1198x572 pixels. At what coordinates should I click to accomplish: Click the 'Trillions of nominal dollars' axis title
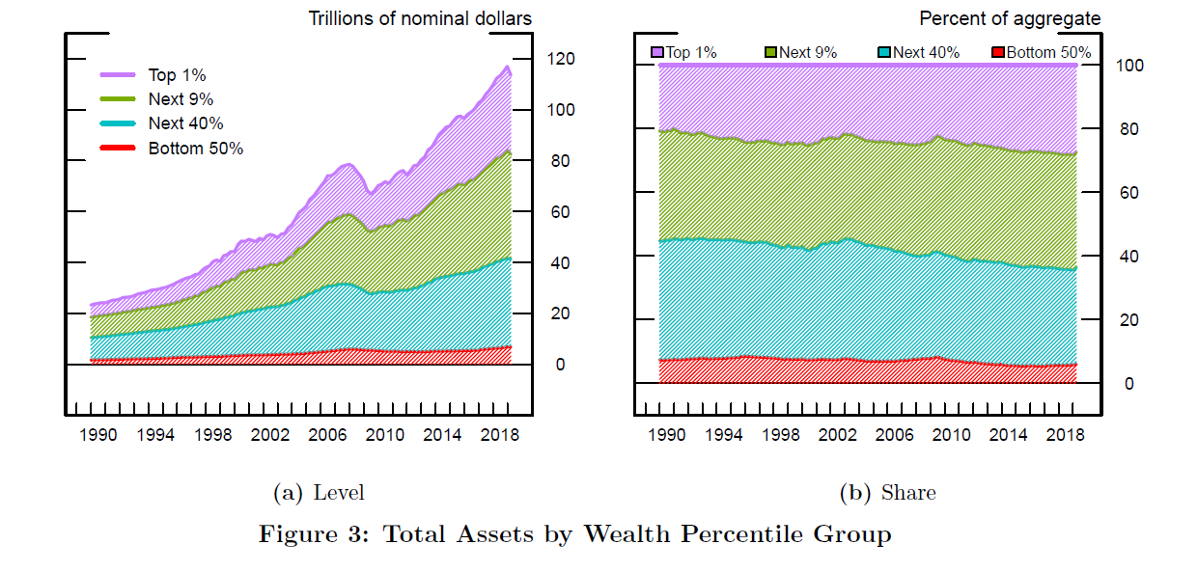pyautogui.click(x=420, y=18)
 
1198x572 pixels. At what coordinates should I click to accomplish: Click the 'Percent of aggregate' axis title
pyautogui.click(x=1009, y=18)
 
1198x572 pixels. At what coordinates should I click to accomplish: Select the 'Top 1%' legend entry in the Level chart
pyautogui.click(x=177, y=75)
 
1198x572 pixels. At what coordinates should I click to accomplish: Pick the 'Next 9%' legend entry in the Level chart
pyautogui.click(x=181, y=99)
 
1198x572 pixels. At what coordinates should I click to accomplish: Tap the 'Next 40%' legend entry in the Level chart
pyautogui.click(x=185, y=123)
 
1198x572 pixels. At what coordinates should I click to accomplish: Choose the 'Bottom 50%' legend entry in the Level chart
pyautogui.click(x=195, y=149)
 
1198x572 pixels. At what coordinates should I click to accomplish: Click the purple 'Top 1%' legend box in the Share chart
pyautogui.click(x=657, y=52)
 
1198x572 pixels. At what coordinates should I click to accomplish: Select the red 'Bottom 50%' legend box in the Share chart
pyautogui.click(x=999, y=52)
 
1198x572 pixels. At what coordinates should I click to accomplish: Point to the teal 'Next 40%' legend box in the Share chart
pyautogui.click(x=885, y=52)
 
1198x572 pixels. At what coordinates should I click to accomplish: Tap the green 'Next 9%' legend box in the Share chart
pyautogui.click(x=770, y=52)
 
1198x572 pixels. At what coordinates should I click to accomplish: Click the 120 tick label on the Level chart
pyautogui.click(x=560, y=59)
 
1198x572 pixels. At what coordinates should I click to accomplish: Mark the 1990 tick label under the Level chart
pyautogui.click(x=98, y=435)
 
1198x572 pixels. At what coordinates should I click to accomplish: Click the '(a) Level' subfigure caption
pyautogui.click(x=320, y=493)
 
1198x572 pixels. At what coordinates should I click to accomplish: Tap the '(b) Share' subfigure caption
pyautogui.click(x=888, y=493)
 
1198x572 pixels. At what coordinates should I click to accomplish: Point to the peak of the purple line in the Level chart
pyautogui.click(x=507, y=67)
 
